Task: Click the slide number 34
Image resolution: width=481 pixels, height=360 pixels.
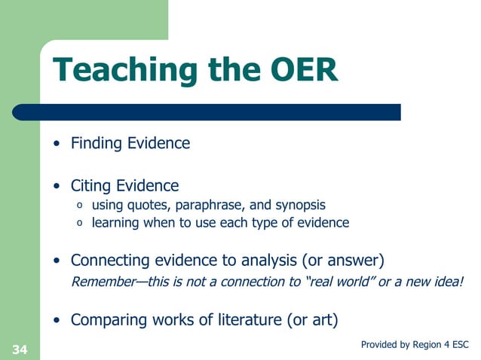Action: [x=20, y=349]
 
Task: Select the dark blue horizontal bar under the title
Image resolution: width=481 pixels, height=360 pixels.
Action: [x=226, y=112]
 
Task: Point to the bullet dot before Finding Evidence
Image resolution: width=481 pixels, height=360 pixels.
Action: [x=57, y=144]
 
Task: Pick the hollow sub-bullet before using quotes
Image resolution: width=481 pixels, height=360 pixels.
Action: [x=80, y=206]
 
